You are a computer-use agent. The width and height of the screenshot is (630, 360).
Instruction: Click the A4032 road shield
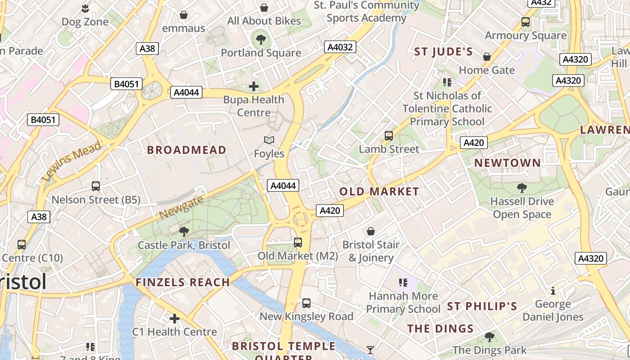[x=340, y=47]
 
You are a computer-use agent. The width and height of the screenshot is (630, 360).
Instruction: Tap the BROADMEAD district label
[x=187, y=150]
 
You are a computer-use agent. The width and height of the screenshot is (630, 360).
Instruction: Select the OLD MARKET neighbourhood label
[x=379, y=191]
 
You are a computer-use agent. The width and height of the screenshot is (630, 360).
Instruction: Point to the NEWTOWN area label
[x=507, y=163]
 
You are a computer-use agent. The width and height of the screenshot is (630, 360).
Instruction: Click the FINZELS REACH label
[x=183, y=282]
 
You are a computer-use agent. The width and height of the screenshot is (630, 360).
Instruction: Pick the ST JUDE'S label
[x=443, y=52]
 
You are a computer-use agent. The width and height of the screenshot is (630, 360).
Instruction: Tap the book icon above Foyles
[x=269, y=140]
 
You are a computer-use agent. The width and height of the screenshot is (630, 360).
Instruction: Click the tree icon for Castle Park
[x=184, y=232]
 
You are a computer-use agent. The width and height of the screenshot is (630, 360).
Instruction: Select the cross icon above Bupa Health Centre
[x=254, y=86]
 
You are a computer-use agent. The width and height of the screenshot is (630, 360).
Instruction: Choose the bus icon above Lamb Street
[x=389, y=135]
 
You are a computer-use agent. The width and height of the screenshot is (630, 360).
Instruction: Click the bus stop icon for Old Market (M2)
[x=297, y=243]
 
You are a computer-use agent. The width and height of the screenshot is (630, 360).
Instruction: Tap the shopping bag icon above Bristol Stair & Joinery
[x=371, y=231]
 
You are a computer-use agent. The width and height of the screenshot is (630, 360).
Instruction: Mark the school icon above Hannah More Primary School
[x=403, y=283]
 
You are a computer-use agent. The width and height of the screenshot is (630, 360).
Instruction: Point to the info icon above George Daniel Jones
[x=553, y=291]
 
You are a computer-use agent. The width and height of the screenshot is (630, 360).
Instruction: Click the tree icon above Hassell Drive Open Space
[x=522, y=188]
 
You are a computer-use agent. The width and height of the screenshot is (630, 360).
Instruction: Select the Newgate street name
[x=181, y=208]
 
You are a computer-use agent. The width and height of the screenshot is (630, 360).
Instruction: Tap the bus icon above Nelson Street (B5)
[x=95, y=186]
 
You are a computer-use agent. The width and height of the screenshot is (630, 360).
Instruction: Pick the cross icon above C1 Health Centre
[x=174, y=319]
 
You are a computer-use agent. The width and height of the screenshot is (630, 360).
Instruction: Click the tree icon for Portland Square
[x=261, y=39]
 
